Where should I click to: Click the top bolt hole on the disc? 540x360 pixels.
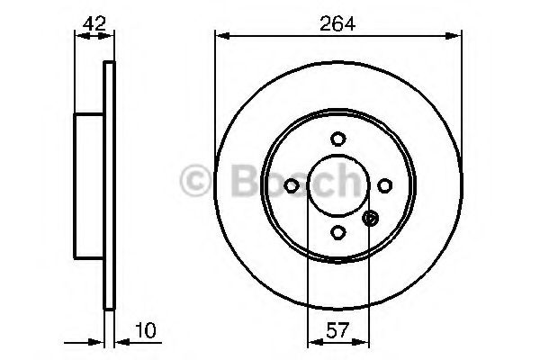[338, 139]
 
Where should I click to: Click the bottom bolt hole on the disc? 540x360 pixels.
[338, 232]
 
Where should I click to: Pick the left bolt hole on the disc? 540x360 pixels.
[292, 185]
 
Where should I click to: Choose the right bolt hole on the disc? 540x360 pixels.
[385, 185]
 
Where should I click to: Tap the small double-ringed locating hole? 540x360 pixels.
[369, 218]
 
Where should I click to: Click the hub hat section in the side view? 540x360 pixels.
[87, 184]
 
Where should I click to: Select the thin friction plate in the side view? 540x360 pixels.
[110, 184]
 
